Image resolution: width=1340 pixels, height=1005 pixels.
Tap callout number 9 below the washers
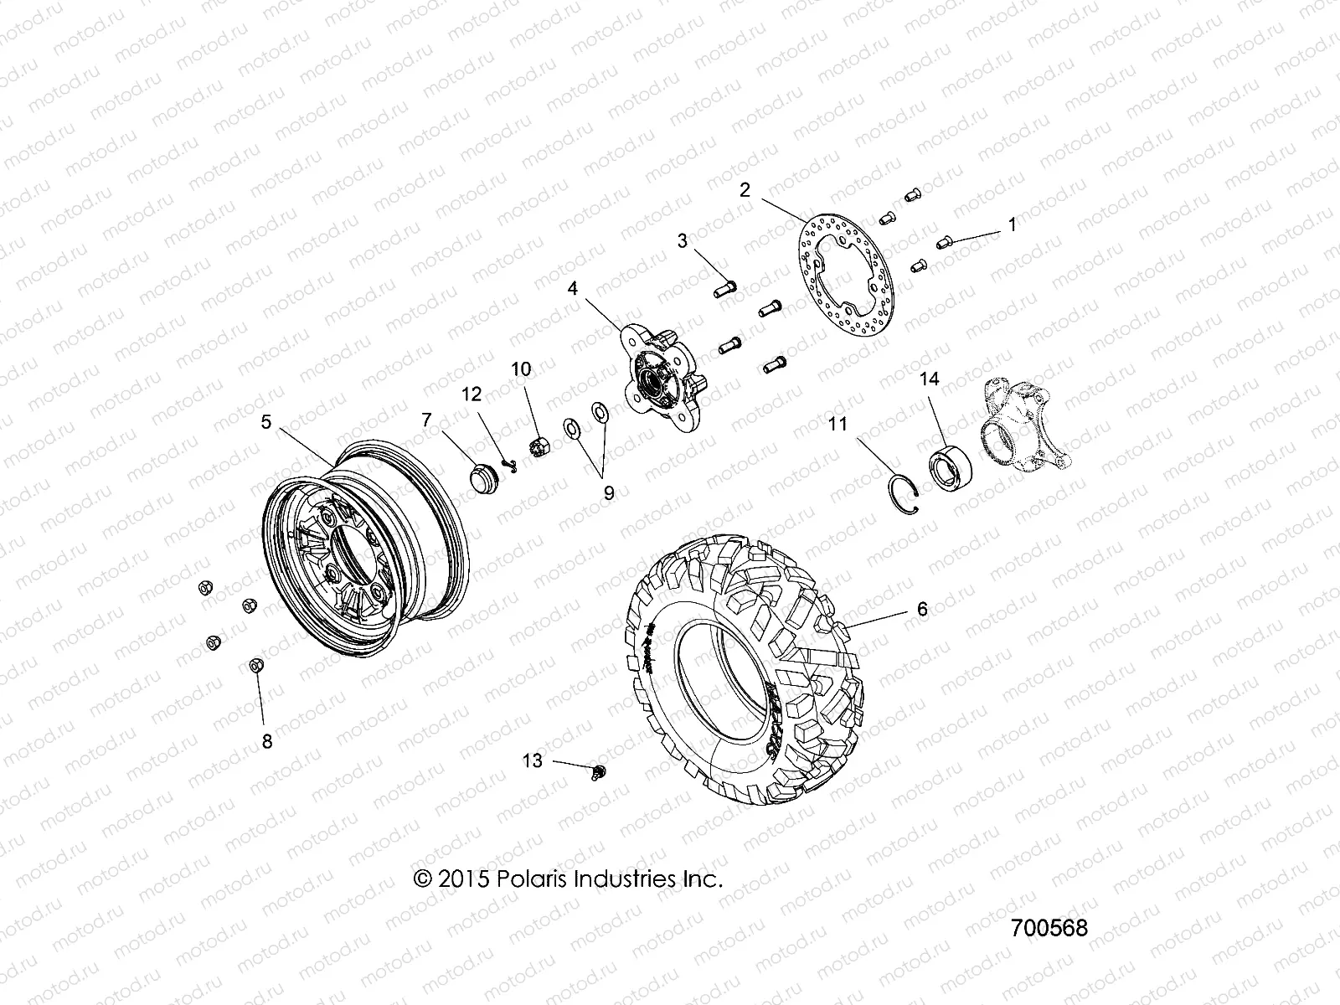pos(608,493)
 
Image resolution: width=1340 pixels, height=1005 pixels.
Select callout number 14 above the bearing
pos(929,379)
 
